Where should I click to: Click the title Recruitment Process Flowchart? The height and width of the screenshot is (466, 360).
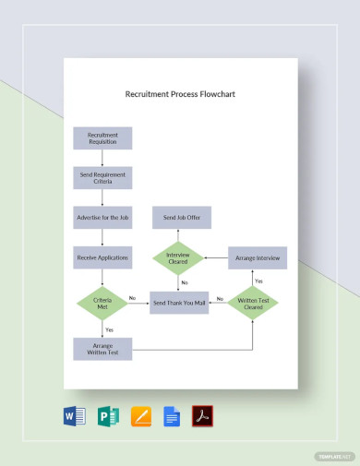tap(180, 94)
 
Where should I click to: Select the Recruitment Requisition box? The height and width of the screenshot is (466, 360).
tap(102, 137)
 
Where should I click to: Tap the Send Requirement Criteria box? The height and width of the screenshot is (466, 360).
tap(102, 177)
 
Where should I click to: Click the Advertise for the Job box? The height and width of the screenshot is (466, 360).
tap(102, 218)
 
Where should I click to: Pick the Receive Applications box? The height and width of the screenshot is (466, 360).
tap(102, 257)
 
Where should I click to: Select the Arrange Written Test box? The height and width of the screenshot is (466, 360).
tap(102, 348)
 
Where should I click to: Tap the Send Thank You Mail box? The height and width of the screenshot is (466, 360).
tap(180, 302)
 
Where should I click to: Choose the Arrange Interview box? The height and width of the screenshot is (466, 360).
tap(258, 258)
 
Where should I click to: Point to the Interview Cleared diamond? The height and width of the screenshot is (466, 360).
tap(180, 258)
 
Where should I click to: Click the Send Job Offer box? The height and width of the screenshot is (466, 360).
tap(182, 218)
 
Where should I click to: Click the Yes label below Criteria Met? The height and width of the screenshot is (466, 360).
tap(110, 329)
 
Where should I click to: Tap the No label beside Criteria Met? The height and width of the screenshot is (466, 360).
tap(132, 297)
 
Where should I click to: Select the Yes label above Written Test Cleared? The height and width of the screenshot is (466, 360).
tap(258, 281)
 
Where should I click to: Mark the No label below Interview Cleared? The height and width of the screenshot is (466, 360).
tap(185, 282)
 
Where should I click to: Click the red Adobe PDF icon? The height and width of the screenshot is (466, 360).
tap(202, 417)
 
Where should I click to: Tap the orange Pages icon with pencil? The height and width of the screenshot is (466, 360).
tap(140, 417)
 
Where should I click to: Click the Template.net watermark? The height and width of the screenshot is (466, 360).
tap(335, 456)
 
